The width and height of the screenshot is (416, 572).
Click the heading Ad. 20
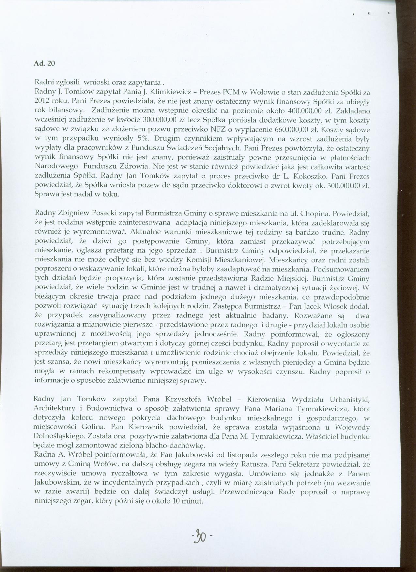pos(44,64)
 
